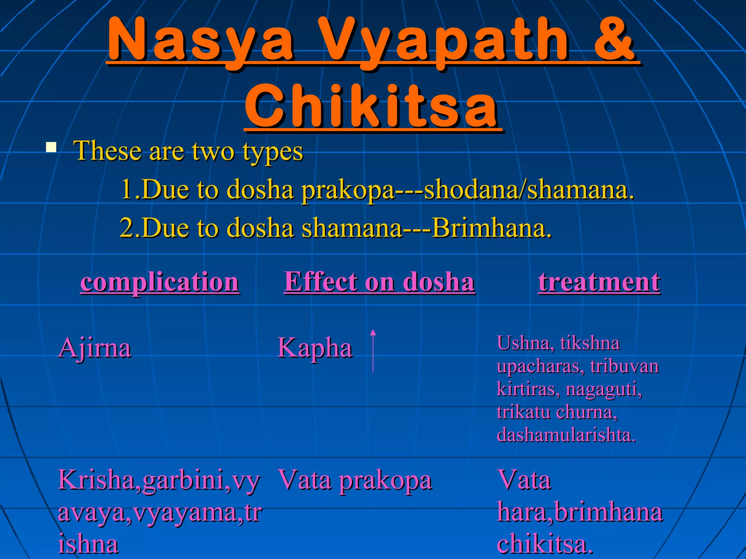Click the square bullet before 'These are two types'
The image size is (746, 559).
(51, 147)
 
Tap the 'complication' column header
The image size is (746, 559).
(160, 282)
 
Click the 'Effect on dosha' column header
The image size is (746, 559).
(379, 282)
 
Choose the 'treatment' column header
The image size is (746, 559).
(599, 282)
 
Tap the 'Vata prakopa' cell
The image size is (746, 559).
(355, 480)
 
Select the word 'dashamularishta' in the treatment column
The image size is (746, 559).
(566, 435)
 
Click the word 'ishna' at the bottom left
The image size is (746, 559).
(88, 544)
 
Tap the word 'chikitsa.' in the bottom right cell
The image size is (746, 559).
(545, 544)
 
